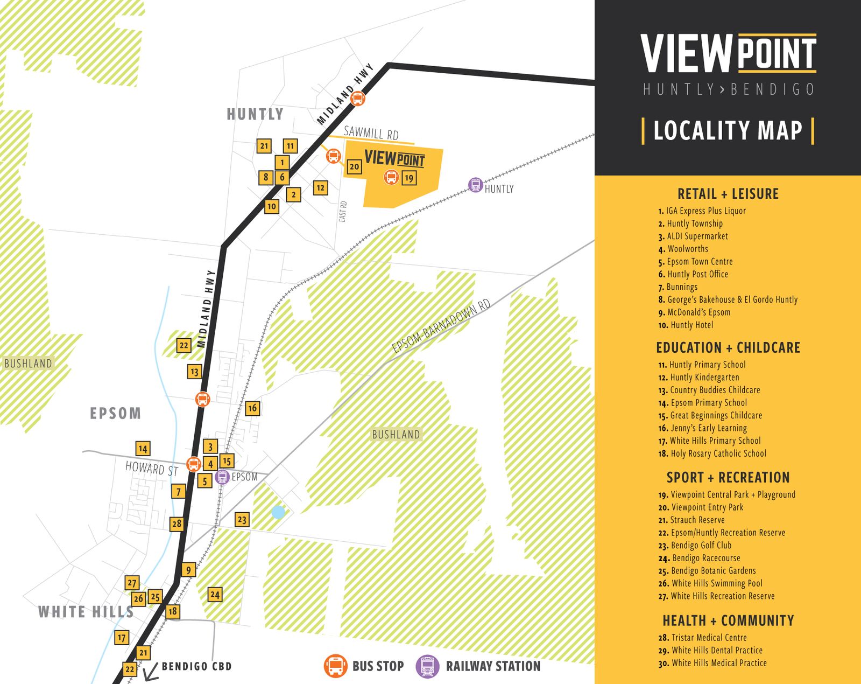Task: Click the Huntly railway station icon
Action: click(475, 185)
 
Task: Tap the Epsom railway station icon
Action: click(222, 477)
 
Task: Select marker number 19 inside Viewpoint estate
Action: click(409, 178)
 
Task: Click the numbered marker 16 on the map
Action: click(252, 408)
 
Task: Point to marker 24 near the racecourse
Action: click(215, 595)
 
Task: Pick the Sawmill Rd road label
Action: click(371, 132)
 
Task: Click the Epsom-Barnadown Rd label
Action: click(441, 326)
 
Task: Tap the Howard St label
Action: click(151, 469)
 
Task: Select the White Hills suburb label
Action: click(86, 612)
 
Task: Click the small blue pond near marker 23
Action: click(278, 512)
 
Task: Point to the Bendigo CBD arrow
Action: click(150, 671)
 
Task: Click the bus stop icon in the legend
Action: click(335, 666)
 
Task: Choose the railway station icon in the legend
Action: click(427, 666)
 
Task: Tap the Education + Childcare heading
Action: click(728, 347)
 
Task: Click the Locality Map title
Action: click(728, 130)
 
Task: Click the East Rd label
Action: click(343, 212)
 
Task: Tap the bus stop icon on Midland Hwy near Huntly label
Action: click(357, 99)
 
